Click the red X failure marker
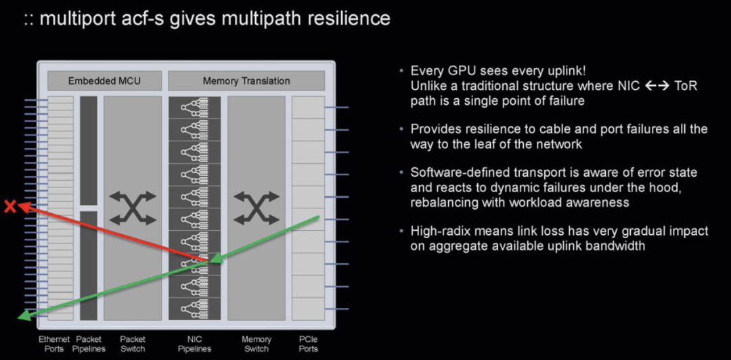9,206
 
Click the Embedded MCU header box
104,81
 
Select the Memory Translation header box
246,81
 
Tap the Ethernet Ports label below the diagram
54,344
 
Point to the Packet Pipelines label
89,344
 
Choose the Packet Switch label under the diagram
133,344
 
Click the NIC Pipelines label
194,344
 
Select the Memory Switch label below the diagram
257,344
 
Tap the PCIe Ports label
308,344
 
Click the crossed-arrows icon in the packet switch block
133,208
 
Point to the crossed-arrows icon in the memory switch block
257,208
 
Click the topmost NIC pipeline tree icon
194,107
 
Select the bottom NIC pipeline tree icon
194,309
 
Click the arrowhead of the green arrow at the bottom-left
23,315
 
